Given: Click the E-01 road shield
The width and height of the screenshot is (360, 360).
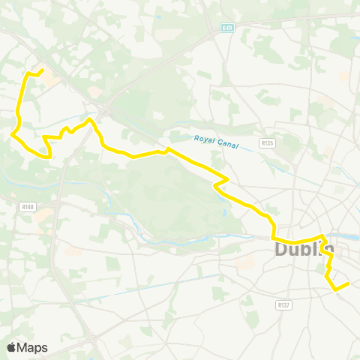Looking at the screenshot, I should click(x=228, y=28).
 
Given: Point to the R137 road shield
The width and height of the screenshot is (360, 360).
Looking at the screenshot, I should click(x=283, y=305).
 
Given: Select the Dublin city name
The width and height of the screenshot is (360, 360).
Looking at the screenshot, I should click(x=303, y=249).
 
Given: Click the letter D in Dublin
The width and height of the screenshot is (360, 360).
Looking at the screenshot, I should click(x=282, y=249).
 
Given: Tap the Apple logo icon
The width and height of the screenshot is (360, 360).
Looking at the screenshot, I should click(x=12, y=347).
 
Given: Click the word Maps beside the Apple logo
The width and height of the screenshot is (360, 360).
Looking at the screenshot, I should click(x=34, y=347).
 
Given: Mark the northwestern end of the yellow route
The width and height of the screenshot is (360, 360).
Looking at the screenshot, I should click(x=42, y=71).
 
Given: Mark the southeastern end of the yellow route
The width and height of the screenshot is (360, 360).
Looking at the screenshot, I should click(x=350, y=283).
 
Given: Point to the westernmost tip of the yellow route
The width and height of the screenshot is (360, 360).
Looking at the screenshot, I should click(x=13, y=135).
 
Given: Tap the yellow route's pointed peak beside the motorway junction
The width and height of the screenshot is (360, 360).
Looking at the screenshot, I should click(x=91, y=118).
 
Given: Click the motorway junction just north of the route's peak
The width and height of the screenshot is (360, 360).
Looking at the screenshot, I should click(x=103, y=109).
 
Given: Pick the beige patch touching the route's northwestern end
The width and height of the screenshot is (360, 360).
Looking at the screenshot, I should click(x=49, y=77).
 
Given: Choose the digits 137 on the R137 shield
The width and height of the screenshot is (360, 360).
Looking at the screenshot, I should click(x=284, y=305).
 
